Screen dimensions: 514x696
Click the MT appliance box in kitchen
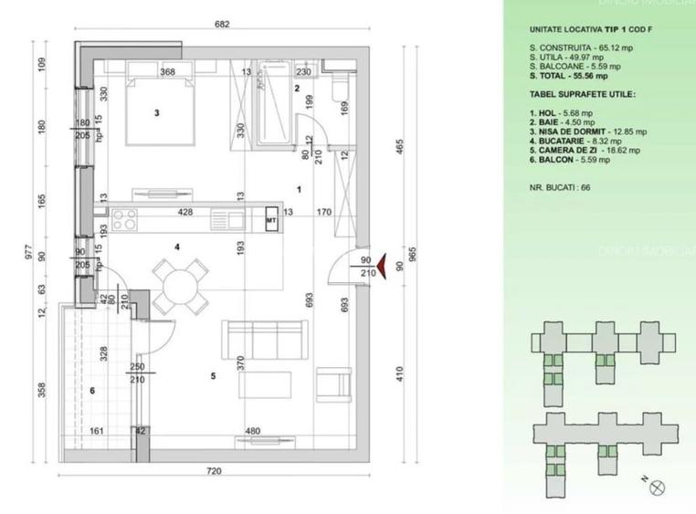coord(271,220)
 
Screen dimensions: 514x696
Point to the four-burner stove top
coord(125,219)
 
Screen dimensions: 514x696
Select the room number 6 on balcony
coord(92,391)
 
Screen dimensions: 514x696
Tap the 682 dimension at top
coord(222,25)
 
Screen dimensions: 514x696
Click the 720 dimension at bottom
coord(215,471)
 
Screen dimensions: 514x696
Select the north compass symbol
coord(657,488)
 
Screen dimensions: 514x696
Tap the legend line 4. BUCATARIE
coord(565,142)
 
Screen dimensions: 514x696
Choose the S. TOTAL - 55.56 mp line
coord(567,76)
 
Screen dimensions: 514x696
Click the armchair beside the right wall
coord(333,383)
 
